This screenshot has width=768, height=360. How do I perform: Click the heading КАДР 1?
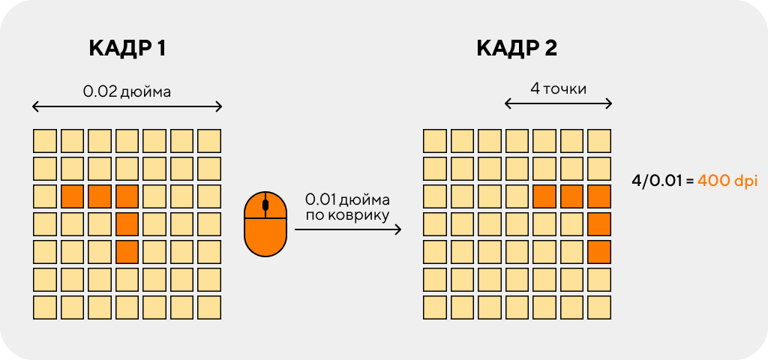pyautogui.click(x=127, y=49)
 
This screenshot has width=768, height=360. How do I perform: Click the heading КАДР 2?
pyautogui.click(x=517, y=49)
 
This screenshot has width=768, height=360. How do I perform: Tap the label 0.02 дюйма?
pyautogui.click(x=127, y=91)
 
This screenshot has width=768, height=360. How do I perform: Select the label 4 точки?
pyautogui.click(x=558, y=88)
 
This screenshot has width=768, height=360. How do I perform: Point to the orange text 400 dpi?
pyautogui.click(x=727, y=181)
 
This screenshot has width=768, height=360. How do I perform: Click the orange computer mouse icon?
pyautogui.click(x=265, y=224)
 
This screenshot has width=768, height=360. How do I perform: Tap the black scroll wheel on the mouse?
pyautogui.click(x=265, y=204)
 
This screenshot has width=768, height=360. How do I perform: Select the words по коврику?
pyautogui.click(x=347, y=214)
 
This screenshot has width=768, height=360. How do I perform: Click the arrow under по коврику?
pyautogui.click(x=348, y=229)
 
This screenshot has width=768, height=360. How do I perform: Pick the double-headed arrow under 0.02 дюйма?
pyautogui.click(x=127, y=106)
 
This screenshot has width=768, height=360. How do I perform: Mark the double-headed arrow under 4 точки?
pyautogui.click(x=558, y=103)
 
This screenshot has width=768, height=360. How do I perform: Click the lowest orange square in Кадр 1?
pyautogui.click(x=127, y=252)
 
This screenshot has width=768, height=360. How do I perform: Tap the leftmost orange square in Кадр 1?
pyautogui.click(x=72, y=196)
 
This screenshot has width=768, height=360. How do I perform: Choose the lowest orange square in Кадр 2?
pyautogui.click(x=599, y=252)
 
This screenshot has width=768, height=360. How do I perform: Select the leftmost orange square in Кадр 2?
pyautogui.click(x=544, y=196)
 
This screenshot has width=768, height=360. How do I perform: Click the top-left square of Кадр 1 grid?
pyautogui.click(x=44, y=141)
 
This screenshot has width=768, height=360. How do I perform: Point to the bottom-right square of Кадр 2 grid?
pyautogui.click(x=599, y=307)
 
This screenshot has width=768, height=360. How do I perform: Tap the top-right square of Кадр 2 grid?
pyautogui.click(x=599, y=141)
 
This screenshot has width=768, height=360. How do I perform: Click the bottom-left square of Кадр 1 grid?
pyautogui.click(x=44, y=307)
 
